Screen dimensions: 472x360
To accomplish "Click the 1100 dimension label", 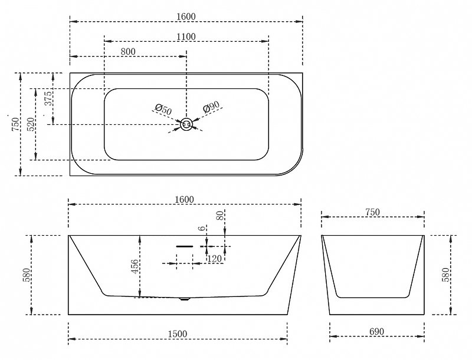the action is click(x=186, y=37).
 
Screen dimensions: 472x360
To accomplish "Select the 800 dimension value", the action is click(x=128, y=52).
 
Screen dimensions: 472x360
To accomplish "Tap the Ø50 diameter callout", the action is click(x=163, y=110).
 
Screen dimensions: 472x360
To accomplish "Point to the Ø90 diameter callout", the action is click(x=211, y=107).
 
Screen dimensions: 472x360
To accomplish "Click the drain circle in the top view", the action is click(x=186, y=124).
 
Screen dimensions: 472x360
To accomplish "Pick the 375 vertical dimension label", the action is click(x=48, y=98).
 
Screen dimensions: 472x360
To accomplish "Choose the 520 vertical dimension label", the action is click(x=31, y=124).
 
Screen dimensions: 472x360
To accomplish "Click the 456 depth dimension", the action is click(x=135, y=266).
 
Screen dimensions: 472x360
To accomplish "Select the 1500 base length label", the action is click(x=178, y=334).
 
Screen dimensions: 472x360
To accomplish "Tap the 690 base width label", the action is click(x=376, y=332).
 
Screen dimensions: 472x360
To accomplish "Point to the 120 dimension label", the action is click(x=214, y=259).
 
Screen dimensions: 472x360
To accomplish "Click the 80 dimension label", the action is click(x=220, y=216).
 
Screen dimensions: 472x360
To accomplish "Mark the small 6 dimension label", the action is click(x=203, y=228).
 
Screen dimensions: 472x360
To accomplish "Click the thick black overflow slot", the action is click(x=185, y=246).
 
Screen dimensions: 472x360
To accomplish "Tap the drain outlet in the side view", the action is click(x=185, y=299).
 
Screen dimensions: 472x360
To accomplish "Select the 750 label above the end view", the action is click(x=373, y=212).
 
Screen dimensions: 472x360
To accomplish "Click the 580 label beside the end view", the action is click(x=447, y=275).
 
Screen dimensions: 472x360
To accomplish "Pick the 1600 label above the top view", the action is click(x=186, y=16).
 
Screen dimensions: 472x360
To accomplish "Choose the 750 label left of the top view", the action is click(x=16, y=124).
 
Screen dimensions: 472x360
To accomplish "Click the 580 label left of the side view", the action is click(x=27, y=275).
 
